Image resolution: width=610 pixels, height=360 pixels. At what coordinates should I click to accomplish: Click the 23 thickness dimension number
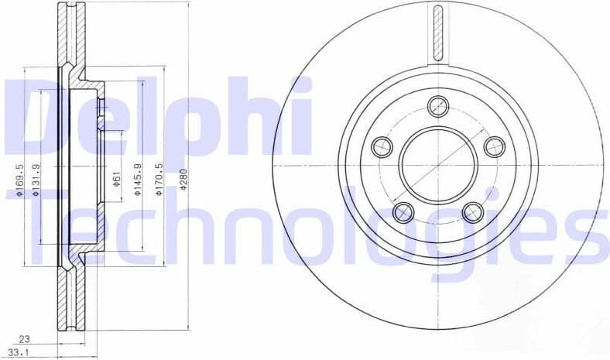click(24, 338)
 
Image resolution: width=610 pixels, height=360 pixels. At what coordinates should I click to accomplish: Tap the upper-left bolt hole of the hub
click(382, 146)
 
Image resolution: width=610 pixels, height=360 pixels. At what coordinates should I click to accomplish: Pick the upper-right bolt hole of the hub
click(494, 146)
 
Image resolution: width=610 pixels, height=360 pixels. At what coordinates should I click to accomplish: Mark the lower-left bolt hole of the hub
click(403, 211)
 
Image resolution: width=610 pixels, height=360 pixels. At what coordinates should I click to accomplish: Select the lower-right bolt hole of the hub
click(472, 211)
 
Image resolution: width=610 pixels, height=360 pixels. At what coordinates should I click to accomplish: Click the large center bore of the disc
click(438, 165)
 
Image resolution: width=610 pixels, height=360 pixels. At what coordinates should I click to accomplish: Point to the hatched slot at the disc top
click(438, 31)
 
